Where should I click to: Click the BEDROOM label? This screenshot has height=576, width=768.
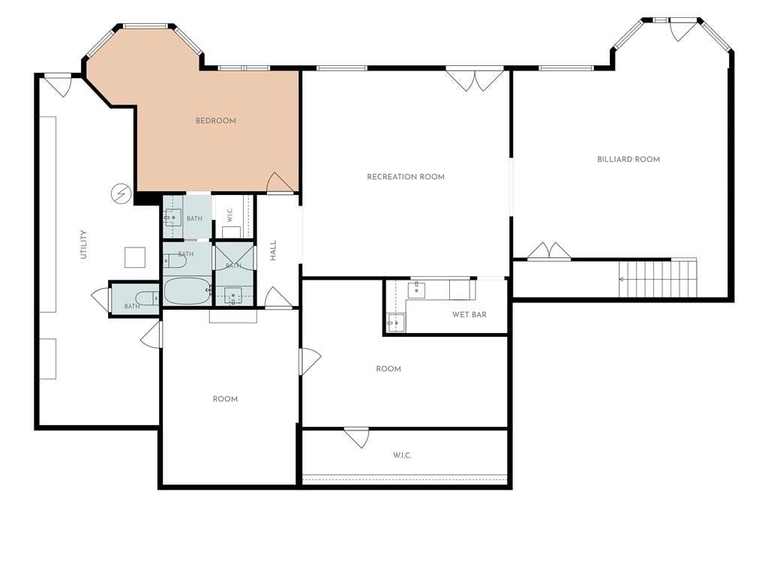(x=215, y=121)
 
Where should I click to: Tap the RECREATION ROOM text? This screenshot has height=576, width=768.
(x=406, y=177)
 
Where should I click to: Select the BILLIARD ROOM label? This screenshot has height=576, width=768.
(x=628, y=159)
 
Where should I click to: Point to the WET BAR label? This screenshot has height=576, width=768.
(x=469, y=314)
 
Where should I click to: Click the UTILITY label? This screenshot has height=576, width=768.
(x=83, y=244)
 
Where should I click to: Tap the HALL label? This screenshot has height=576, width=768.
(x=273, y=250)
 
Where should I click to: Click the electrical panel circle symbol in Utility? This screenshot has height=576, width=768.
(x=121, y=193)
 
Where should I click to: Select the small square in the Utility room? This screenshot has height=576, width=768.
(x=135, y=258)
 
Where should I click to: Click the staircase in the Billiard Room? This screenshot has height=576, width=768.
(x=658, y=278)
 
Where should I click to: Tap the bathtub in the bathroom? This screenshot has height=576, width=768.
(x=187, y=292)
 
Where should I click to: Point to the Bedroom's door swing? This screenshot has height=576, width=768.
(x=280, y=183)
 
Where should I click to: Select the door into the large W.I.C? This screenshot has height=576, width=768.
(x=356, y=438)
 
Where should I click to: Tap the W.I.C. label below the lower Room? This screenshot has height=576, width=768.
(x=402, y=455)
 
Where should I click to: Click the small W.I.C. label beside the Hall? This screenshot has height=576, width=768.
(x=230, y=215)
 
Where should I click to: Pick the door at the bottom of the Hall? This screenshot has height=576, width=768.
(x=278, y=297)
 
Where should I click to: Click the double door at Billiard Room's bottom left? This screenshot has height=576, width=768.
(x=549, y=250)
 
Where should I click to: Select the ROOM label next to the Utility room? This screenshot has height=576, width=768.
(x=225, y=399)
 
